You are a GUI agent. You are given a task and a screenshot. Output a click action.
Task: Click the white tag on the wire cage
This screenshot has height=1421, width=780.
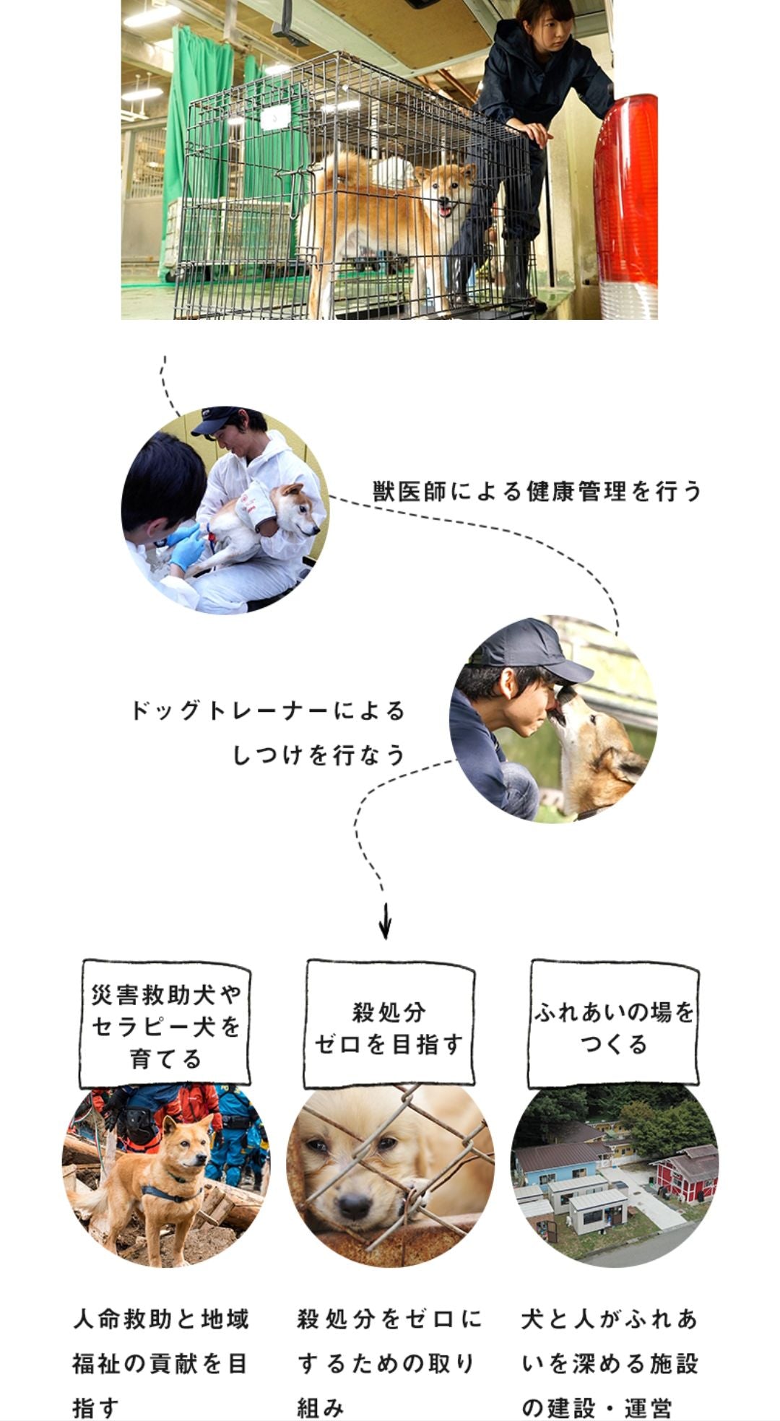click(275, 116)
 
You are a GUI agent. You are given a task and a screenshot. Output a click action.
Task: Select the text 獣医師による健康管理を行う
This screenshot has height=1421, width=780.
click(537, 491)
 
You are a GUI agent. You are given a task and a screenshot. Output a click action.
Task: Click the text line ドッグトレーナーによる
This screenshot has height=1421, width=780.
click(268, 710)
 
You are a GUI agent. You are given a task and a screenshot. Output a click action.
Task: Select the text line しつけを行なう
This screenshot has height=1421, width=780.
click(318, 755)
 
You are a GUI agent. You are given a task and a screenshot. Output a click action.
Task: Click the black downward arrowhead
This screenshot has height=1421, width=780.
click(385, 929)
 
